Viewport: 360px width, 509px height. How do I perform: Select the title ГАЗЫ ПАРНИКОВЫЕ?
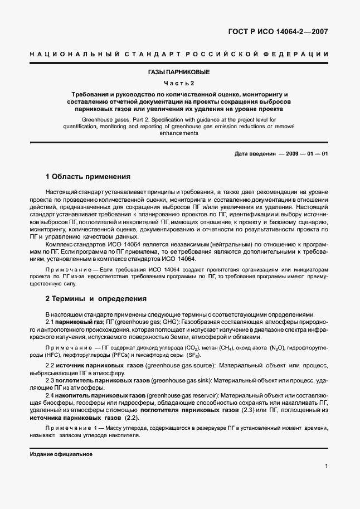coord(179,73)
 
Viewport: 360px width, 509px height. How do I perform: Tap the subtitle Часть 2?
coord(179,83)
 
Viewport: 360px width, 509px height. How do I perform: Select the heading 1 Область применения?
coord(88,177)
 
